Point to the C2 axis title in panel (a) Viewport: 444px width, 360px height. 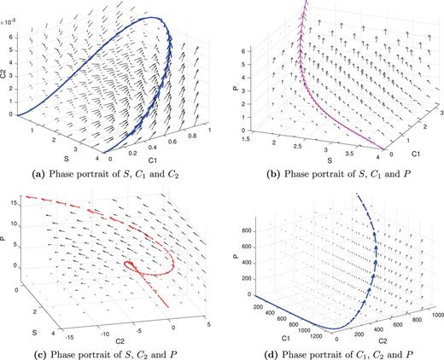(x=6, y=61)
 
